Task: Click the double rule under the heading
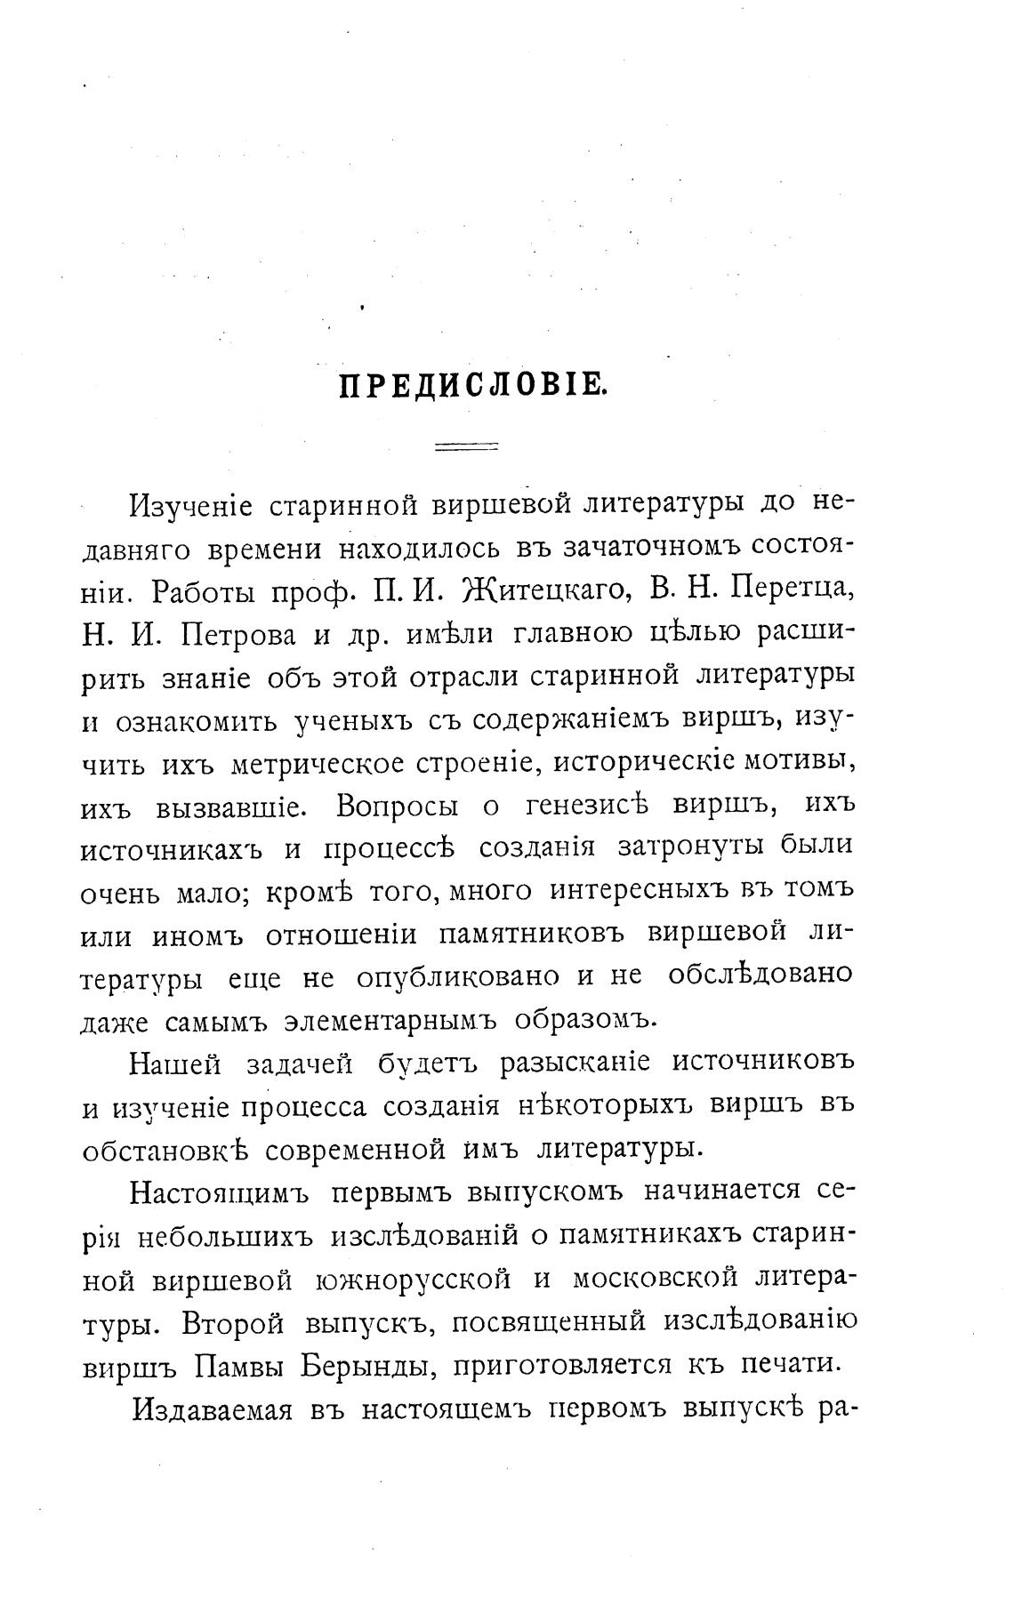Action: tap(466, 448)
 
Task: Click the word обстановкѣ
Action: tap(165, 1149)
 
